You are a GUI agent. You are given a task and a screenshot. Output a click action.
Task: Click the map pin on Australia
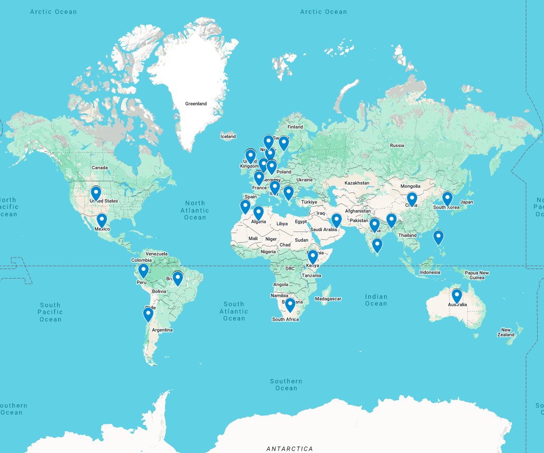pyautogui.click(x=457, y=295)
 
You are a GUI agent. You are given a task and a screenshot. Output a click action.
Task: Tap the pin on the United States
pyautogui.click(x=96, y=193)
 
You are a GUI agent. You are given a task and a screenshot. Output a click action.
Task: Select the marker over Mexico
pyautogui.click(x=102, y=220)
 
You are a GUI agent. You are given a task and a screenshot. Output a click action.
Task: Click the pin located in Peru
pyautogui.click(x=143, y=271)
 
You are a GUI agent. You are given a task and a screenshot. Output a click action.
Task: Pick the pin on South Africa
pyautogui.click(x=290, y=305)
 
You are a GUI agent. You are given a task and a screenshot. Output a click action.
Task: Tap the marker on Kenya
pyautogui.click(x=313, y=256)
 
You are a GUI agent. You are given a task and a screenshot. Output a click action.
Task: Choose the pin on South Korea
pyautogui.click(x=447, y=198)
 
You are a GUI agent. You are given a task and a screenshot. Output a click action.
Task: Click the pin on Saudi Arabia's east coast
pyautogui.click(x=337, y=220)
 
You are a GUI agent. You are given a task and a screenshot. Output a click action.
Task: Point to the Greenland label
pyautogui.click(x=196, y=104)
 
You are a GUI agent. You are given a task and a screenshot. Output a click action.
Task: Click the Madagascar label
pyautogui.click(x=328, y=299)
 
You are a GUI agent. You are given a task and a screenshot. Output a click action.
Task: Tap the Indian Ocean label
pyautogui.click(x=376, y=300)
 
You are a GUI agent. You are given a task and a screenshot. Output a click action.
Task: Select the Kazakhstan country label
pyautogui.click(x=357, y=182)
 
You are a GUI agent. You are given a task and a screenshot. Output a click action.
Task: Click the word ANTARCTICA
pyautogui.click(x=290, y=449)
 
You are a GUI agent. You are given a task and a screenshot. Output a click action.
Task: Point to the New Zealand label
pyautogui.click(x=506, y=332)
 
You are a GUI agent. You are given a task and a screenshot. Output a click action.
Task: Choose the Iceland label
pyautogui.click(x=228, y=136)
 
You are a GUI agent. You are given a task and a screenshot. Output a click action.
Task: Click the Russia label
pyautogui.click(x=397, y=145)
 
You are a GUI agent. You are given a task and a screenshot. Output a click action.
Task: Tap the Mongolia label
pyautogui.click(x=411, y=186)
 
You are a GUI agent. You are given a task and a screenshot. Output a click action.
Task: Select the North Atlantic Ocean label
pyautogui.click(x=195, y=210)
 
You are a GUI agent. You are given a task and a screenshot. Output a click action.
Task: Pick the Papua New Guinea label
pyautogui.click(x=476, y=275)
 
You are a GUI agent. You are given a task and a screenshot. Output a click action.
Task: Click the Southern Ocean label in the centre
pyautogui.click(x=287, y=384)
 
